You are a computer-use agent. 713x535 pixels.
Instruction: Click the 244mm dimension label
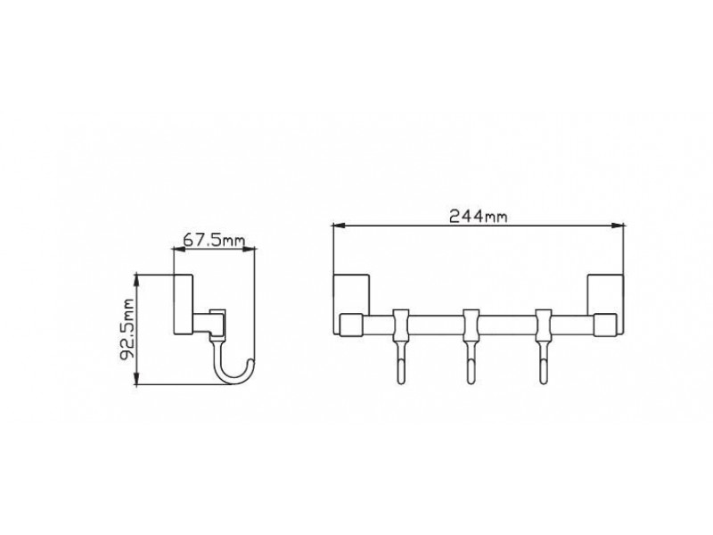coord(478,216)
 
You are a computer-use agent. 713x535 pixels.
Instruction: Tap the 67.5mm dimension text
coord(214,240)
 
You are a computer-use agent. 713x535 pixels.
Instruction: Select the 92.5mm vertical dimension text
coord(127,329)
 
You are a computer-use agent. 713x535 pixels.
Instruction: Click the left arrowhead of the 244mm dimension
coord(340,225)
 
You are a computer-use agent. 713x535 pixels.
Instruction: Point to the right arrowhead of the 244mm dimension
coord(617,225)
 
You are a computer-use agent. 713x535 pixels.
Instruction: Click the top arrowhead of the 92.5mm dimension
coord(136,282)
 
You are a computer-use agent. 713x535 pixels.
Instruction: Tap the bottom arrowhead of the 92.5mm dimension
coord(136,377)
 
